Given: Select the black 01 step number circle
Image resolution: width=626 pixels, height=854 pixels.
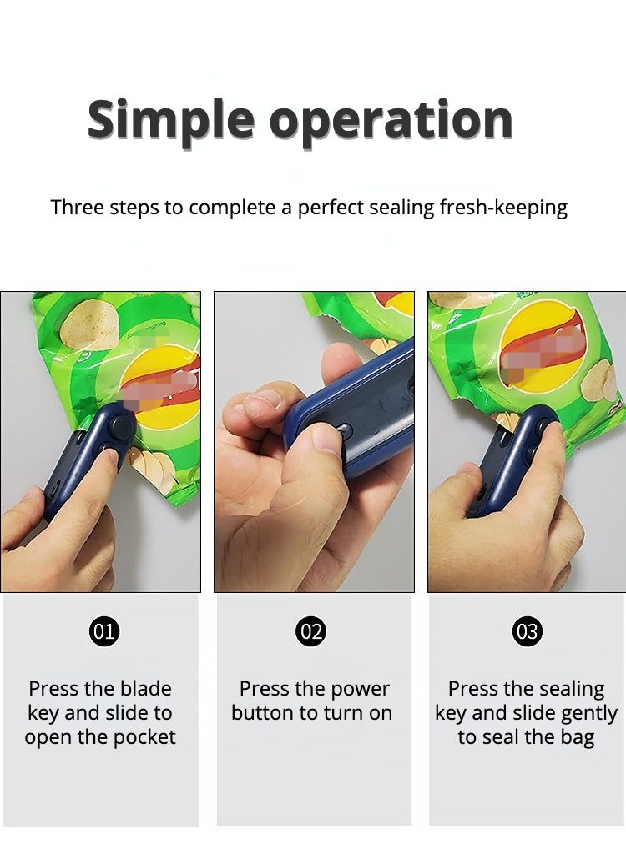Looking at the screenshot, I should [103, 632].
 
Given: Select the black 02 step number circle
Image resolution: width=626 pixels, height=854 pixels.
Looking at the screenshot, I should [311, 632].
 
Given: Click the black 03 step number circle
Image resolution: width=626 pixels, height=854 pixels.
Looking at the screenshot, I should [527, 632].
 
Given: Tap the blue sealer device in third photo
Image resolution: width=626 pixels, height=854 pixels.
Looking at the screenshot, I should [512, 459].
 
